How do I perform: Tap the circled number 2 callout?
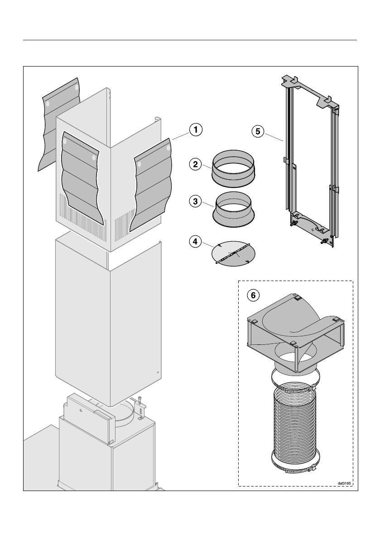tap(195, 164)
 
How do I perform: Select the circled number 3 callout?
tap(195, 201)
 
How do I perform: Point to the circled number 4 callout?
tap(195, 242)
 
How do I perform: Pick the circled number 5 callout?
tap(258, 131)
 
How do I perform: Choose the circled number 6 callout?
tap(253, 295)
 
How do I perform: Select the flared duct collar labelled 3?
tap(234, 209)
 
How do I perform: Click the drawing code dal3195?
tap(344, 483)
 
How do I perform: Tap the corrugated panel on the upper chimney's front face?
tap(80, 179)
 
